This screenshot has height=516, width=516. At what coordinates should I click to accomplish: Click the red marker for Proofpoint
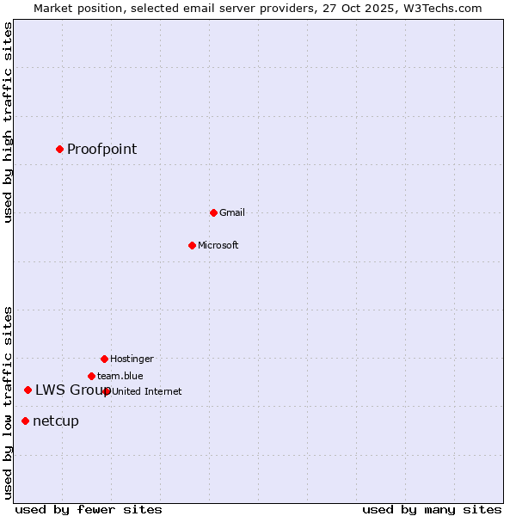click(59, 149)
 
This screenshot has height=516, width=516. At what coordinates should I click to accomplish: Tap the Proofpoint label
click(101, 149)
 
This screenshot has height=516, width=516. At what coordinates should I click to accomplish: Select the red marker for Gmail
click(213, 212)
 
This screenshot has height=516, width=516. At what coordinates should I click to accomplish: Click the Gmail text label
click(231, 212)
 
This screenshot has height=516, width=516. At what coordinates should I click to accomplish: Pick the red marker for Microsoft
click(192, 245)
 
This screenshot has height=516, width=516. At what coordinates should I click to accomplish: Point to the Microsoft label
click(218, 245)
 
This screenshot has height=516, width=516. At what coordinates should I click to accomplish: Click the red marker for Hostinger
click(104, 359)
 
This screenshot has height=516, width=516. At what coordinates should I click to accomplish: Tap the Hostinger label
click(132, 359)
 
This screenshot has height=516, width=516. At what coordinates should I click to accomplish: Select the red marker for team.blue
click(91, 376)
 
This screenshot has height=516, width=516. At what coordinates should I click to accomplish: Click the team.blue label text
click(120, 376)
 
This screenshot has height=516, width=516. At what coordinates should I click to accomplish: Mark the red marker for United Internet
click(107, 391)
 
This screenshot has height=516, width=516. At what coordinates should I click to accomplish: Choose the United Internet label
click(146, 391)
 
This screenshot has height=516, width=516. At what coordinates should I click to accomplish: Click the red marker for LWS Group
click(28, 390)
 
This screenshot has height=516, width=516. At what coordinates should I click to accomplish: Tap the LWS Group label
click(72, 390)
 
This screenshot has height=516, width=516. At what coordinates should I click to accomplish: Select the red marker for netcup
click(25, 421)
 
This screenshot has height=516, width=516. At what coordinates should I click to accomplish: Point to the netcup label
click(55, 421)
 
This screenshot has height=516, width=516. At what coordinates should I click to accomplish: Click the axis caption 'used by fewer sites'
click(89, 509)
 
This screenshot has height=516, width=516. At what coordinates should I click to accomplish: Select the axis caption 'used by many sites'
click(432, 509)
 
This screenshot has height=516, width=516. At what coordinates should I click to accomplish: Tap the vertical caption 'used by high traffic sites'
click(9, 122)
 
